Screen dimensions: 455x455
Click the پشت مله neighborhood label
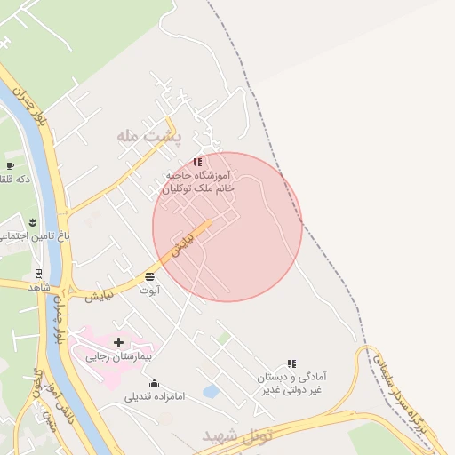coord(148,137)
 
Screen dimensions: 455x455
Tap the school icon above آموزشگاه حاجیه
coord(197,162)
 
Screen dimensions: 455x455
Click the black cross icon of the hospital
coord(118,341)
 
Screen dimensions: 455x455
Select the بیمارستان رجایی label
coord(119,356)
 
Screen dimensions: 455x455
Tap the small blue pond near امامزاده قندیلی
coord(211,391)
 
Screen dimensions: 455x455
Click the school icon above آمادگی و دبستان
coord(291,363)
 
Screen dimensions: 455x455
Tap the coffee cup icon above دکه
coord(10,165)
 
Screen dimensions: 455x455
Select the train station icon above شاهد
coord(38,274)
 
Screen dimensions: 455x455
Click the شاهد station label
coord(39,287)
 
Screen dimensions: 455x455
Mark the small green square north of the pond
coord(225,339)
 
